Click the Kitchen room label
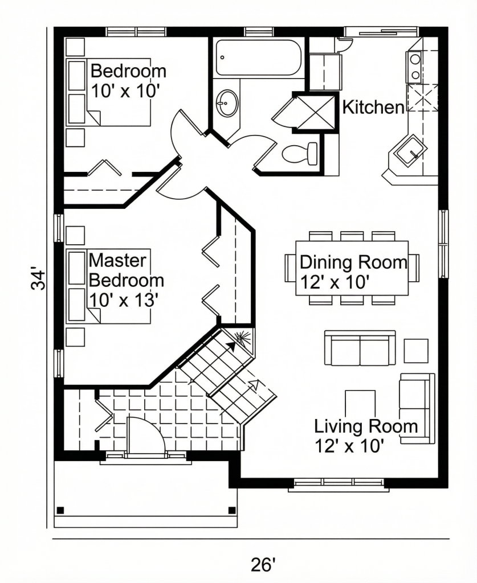tap(373, 108)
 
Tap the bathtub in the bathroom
tap(259, 58)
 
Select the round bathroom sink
tap(227, 102)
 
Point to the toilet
tap(300, 153)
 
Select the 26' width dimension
tap(263, 564)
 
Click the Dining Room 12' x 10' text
tap(353, 272)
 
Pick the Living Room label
tap(366, 426)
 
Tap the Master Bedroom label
tap(126, 270)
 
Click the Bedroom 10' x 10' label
tap(128, 81)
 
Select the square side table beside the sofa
tap(416, 351)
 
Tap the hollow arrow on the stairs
tap(255, 385)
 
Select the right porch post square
tap(231, 510)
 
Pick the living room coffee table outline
tap(360, 404)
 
